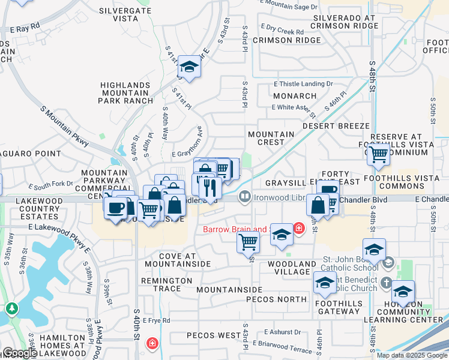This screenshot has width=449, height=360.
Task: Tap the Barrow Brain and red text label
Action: pyautogui.click(x=234, y=229)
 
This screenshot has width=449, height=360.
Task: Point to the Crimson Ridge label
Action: pyautogui.click(x=287, y=40)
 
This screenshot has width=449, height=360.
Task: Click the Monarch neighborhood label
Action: pyautogui.click(x=294, y=96)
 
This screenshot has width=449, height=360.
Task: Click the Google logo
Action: pyautogui.click(x=19, y=353)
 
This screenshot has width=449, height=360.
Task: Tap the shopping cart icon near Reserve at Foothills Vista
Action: pyautogui.click(x=379, y=154)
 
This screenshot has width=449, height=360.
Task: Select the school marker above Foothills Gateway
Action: pyautogui.click(x=325, y=282)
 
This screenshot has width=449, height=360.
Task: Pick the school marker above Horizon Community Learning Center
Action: pyautogui.click(x=403, y=292)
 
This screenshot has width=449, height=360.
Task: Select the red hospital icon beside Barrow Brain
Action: pyautogui.click(x=299, y=228)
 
